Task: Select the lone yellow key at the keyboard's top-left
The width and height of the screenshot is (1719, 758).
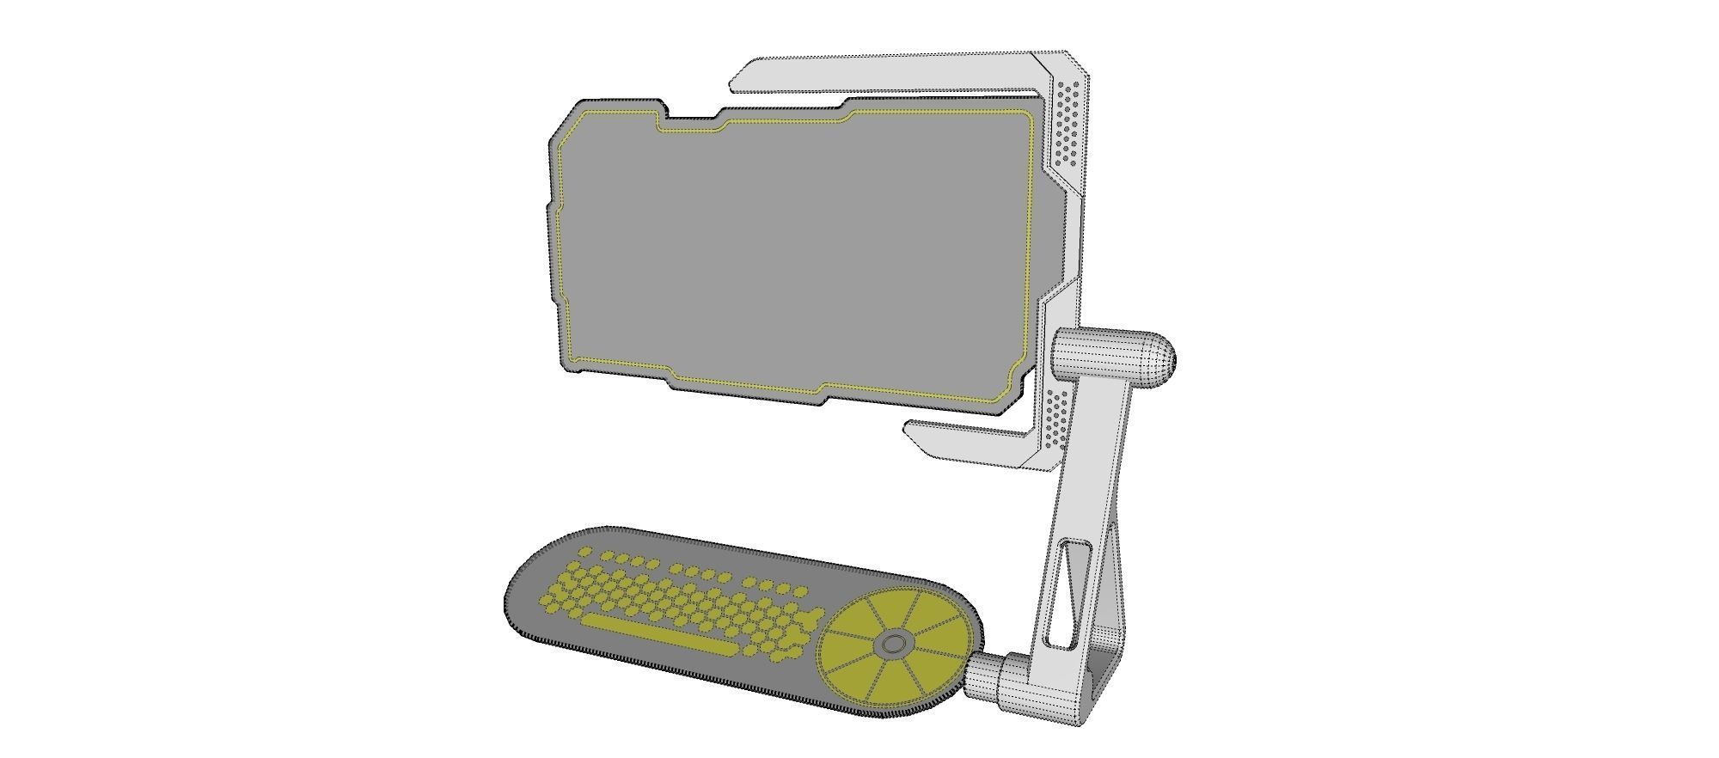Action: [x=584, y=551]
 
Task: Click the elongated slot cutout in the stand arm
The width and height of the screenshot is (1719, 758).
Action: [x=1067, y=594]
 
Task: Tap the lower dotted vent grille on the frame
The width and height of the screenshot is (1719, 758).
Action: [x=1058, y=418]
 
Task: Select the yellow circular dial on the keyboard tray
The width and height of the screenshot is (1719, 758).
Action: [x=894, y=645]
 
